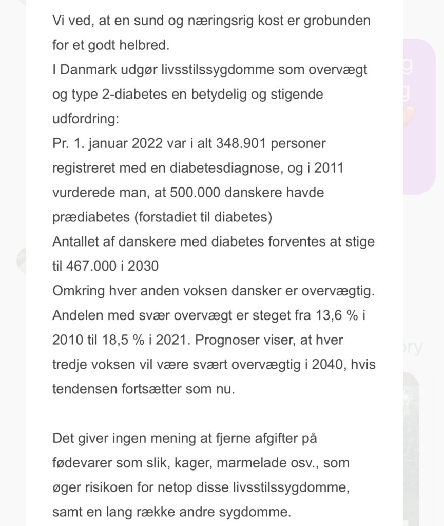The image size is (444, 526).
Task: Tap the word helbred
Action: click(x=140, y=45)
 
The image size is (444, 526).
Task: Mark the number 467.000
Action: click(x=92, y=267)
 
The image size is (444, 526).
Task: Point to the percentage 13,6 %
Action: click(x=338, y=315)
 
